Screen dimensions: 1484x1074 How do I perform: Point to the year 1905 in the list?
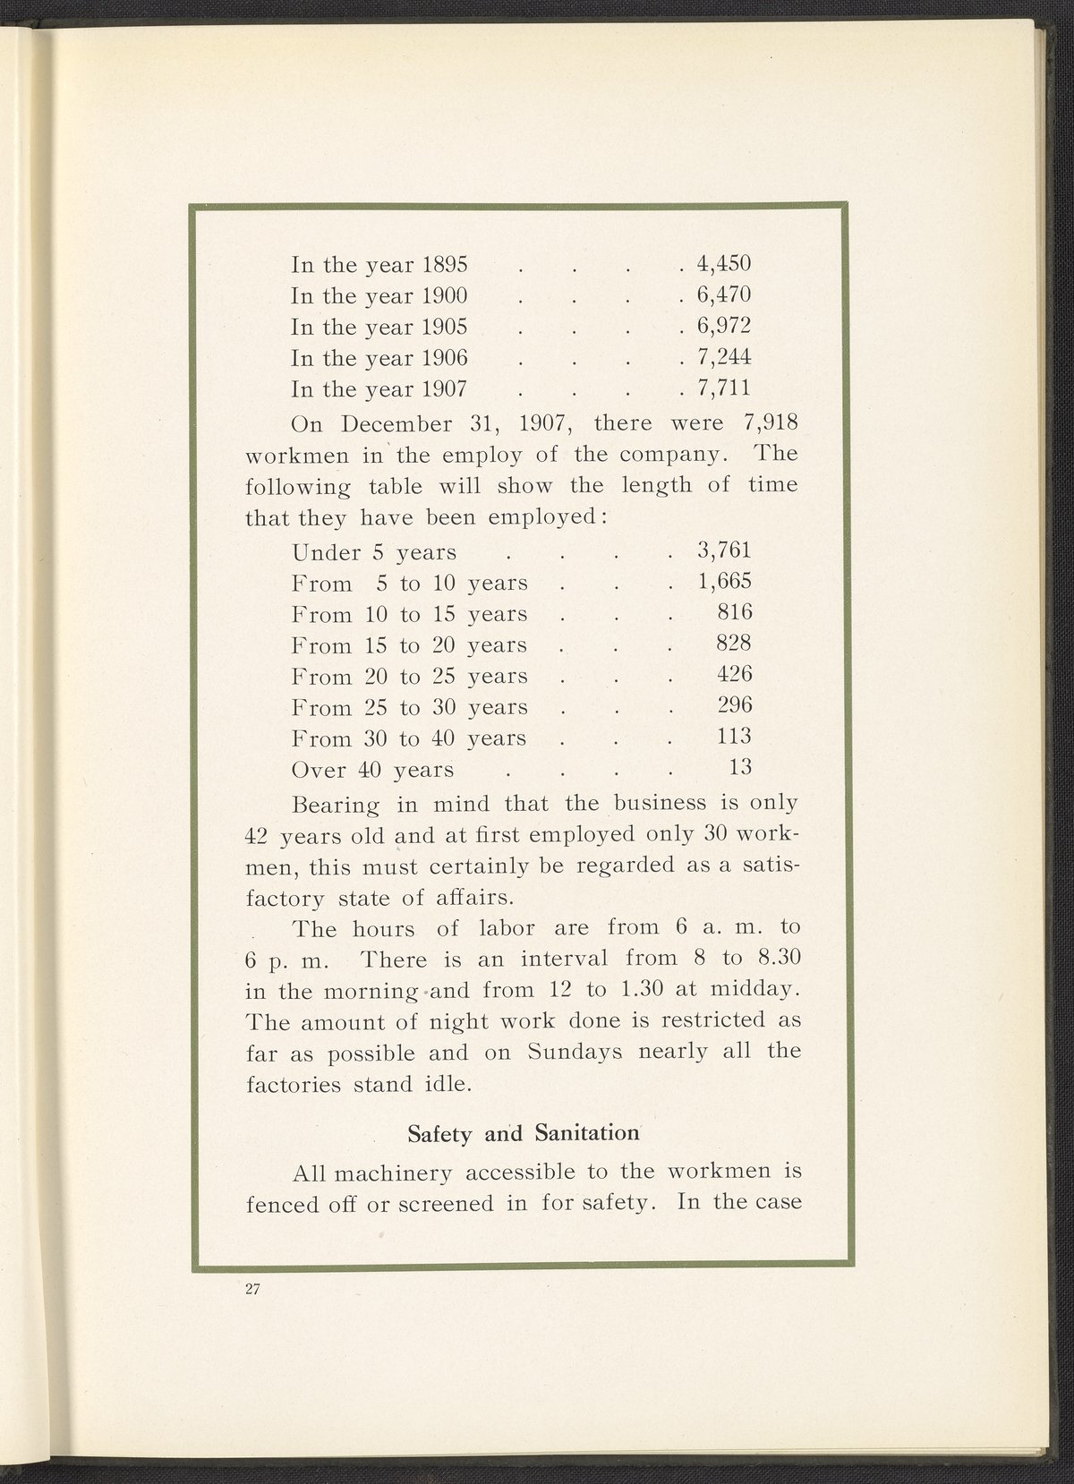445,328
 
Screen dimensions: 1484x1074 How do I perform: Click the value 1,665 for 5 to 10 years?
724,582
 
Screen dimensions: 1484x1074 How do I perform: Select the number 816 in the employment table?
735,613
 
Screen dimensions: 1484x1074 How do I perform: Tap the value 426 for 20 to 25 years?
735,675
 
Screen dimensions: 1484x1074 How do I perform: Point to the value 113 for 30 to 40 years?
735,737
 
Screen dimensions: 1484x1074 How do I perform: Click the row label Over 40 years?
373,770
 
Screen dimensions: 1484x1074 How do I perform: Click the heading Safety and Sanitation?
524,1132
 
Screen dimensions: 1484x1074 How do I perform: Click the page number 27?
251,1290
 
